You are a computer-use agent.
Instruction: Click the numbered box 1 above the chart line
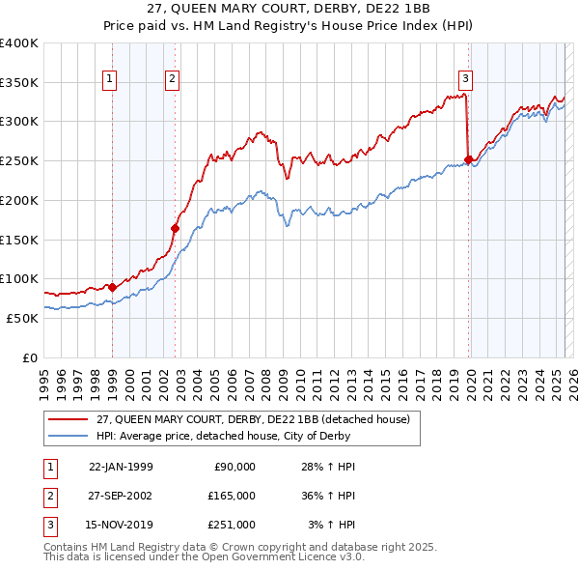tap(109, 80)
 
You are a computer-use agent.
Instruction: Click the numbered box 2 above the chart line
tap(172, 80)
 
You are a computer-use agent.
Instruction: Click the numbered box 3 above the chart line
tap(465, 80)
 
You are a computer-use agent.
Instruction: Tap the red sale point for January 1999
tap(112, 287)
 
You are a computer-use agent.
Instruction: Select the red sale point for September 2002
tap(175, 228)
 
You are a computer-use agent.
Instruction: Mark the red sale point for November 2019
tap(468, 159)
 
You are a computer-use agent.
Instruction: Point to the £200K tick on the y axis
tap(19, 200)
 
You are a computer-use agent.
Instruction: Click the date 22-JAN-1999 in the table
tap(121, 467)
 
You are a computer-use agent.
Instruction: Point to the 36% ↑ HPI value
tap(329, 495)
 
